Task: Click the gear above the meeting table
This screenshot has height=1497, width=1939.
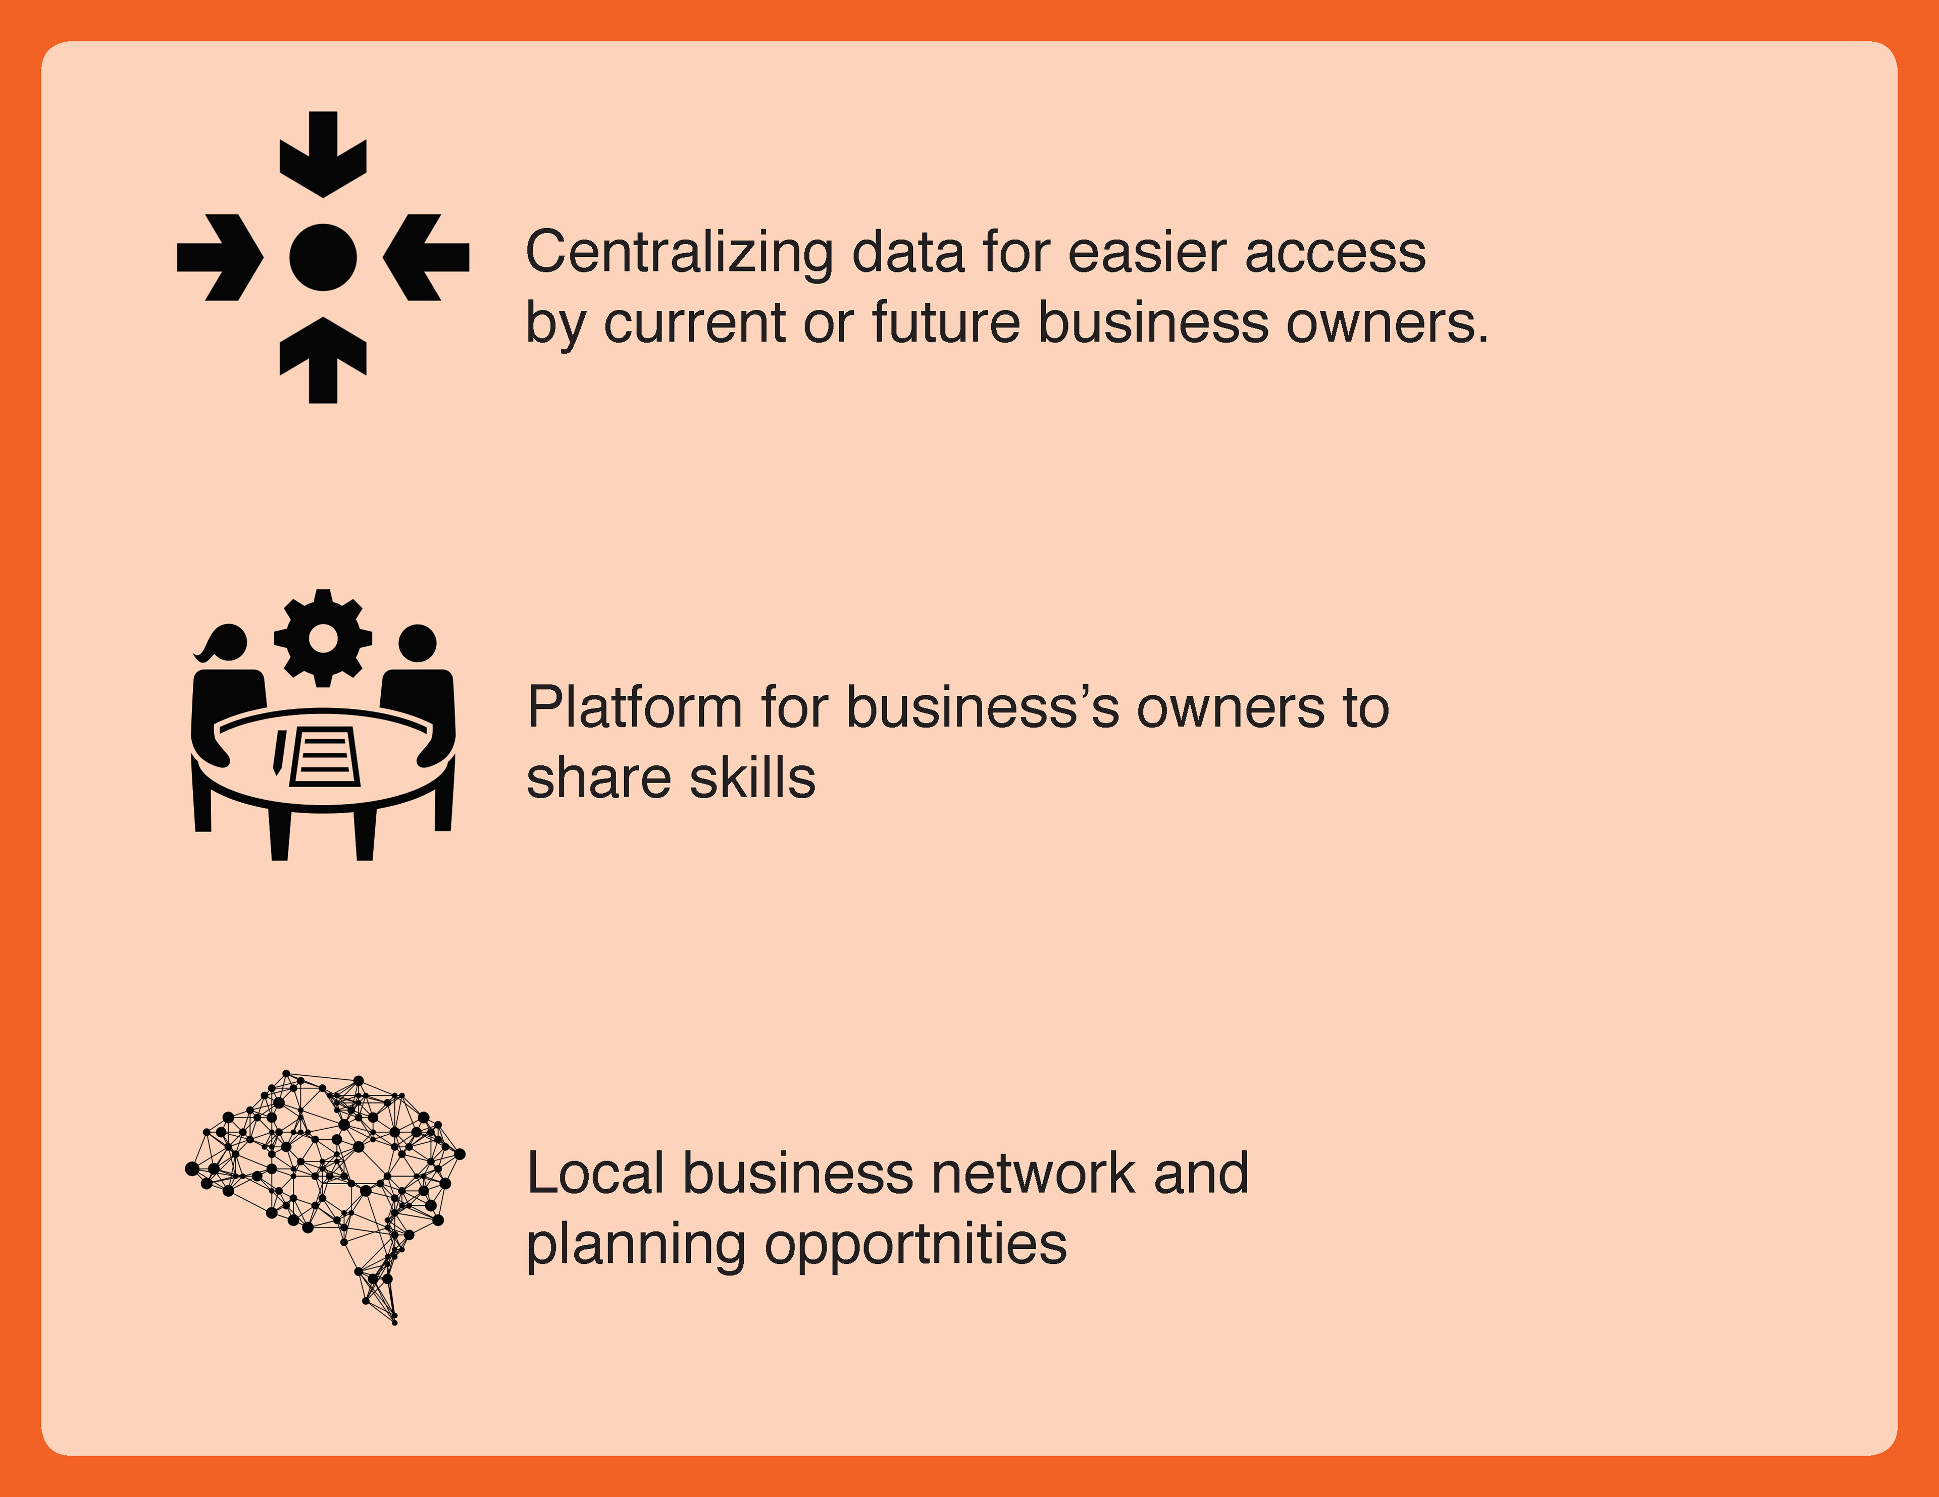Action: [x=323, y=637]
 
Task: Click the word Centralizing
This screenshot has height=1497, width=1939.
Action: [x=679, y=253]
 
